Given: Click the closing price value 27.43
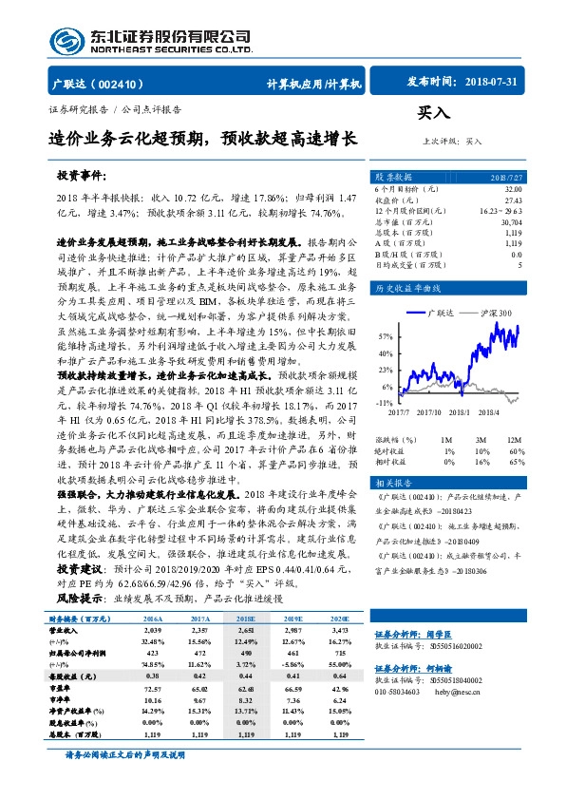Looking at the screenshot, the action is [x=513, y=201].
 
